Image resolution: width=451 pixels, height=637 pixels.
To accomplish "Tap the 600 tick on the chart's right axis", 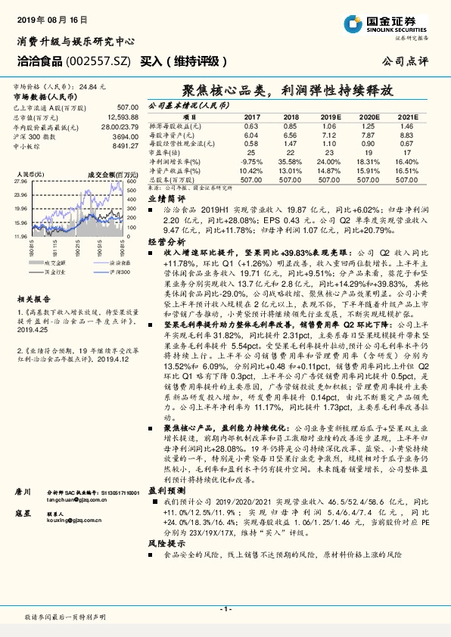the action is pos(131,182).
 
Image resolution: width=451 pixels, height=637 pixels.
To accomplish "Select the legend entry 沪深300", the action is pos(105,269).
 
